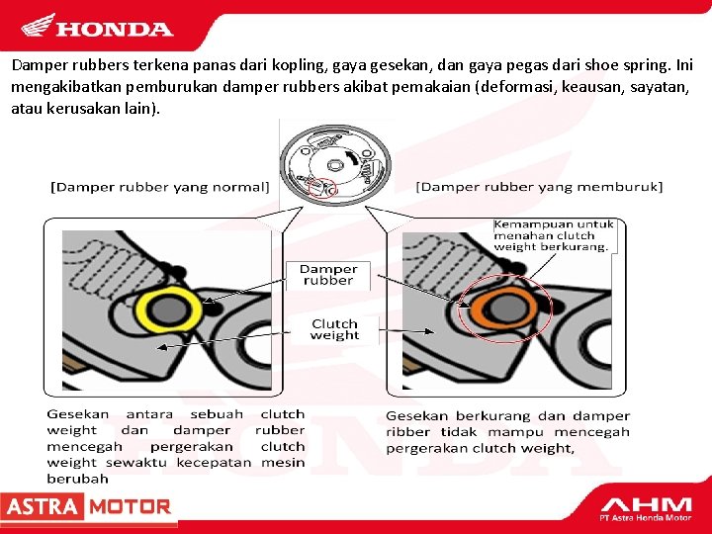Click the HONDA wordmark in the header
point(114,30)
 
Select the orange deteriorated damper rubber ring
point(502,310)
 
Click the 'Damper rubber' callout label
point(328,274)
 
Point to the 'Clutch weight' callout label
point(334,329)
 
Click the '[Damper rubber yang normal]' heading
point(161,186)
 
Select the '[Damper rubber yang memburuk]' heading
point(539,186)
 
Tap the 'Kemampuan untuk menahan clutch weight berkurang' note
point(554,235)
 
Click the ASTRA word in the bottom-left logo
point(42,507)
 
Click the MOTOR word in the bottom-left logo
point(129,507)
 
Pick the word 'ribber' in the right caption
point(407,432)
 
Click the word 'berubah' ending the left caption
point(78,479)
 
